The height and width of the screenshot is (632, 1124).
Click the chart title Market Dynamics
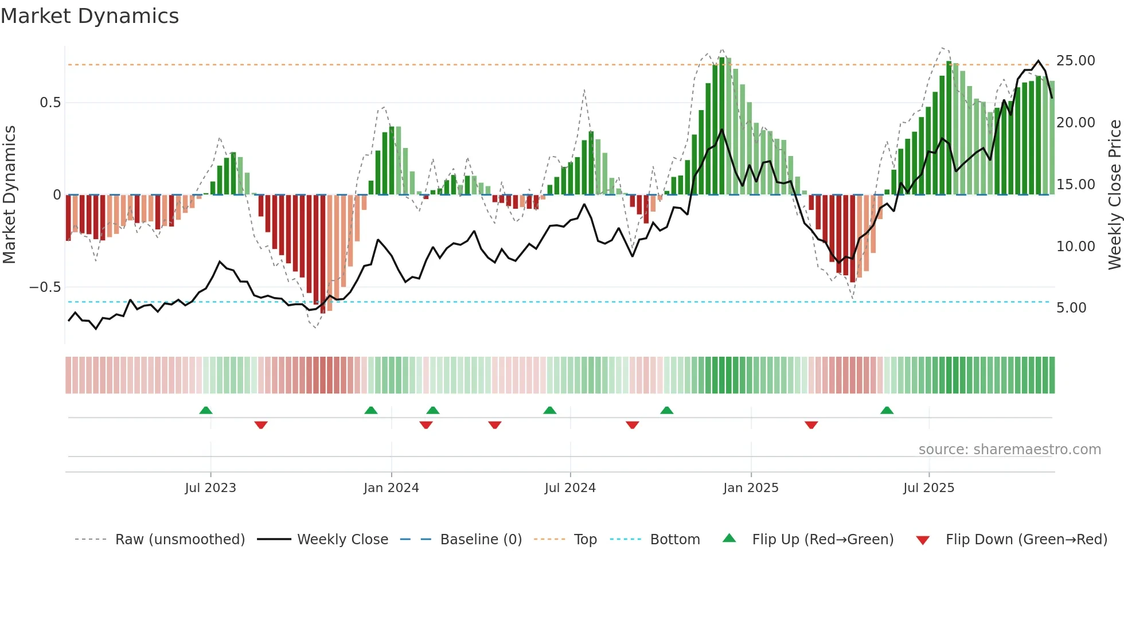90,16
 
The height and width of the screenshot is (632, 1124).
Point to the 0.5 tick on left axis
50,103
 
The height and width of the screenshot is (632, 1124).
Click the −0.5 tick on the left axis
45,287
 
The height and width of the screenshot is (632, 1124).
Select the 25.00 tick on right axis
1075,61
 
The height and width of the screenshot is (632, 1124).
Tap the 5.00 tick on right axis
1071,308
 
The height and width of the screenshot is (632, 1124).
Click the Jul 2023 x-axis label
210,488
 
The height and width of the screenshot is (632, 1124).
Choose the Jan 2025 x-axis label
751,488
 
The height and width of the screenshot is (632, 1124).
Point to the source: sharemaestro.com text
1009,450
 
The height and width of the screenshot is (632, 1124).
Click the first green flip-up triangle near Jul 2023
206,410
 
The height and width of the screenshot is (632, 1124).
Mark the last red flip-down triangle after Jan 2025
811,425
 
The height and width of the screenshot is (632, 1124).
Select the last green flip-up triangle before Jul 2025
887,410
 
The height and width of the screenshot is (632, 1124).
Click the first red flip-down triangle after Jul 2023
261,425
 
